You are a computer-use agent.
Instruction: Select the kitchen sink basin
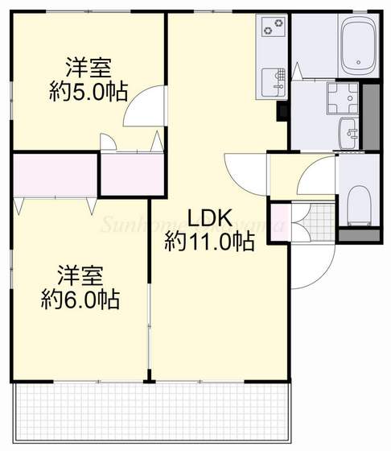275,81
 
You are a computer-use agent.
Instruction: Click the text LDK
210,218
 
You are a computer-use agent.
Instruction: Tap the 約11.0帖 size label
210,240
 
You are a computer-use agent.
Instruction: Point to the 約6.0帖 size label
80,300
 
